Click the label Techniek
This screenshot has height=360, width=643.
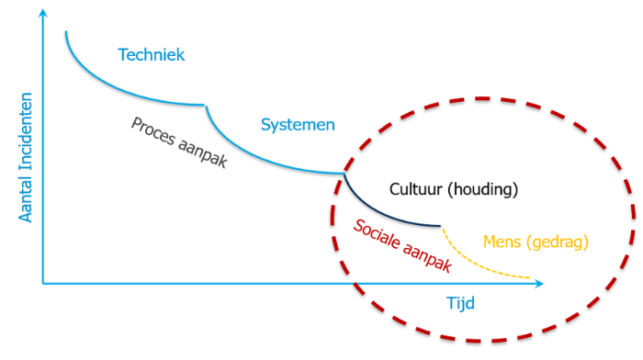coord(152,55)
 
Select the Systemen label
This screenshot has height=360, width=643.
coord(298,124)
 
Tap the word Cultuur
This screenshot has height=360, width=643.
coord(415,190)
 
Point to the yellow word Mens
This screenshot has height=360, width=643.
coord(502,242)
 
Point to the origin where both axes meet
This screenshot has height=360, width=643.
coord(43,285)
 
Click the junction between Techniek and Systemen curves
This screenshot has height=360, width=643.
coord(204,106)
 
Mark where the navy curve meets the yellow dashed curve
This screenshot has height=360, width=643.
coord(441,226)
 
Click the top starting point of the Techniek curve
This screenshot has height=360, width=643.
coord(66,32)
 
